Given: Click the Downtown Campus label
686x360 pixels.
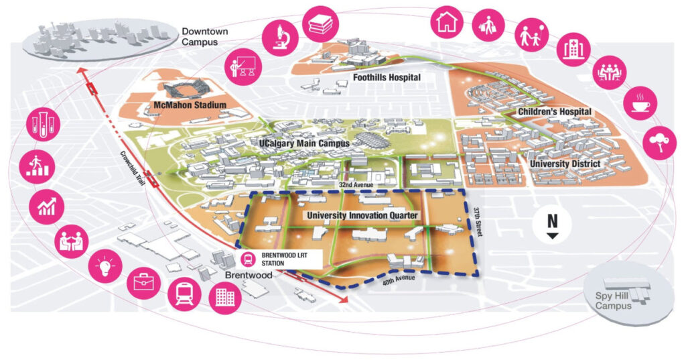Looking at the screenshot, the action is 205,37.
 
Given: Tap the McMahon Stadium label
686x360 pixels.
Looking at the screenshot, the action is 190,105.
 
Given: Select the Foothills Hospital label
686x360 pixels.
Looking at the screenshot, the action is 387,78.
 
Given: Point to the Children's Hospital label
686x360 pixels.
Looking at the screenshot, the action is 554,112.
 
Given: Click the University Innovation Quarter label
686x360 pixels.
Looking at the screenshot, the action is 362,215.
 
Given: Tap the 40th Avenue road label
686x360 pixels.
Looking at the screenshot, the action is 399,280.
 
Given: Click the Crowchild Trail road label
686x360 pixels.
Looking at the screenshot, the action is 133,169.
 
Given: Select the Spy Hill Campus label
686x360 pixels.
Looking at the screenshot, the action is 613,301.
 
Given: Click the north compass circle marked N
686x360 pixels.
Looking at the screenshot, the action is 552,224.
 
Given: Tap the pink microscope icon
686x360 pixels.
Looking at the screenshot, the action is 280,38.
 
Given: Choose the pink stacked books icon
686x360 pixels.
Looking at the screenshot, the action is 321,23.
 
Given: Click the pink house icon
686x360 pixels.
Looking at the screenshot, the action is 447,22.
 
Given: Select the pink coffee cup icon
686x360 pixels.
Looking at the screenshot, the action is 640,103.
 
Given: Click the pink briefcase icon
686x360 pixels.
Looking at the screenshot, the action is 144,282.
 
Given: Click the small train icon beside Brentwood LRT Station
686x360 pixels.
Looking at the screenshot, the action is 249,259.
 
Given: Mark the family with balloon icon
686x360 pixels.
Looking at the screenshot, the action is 531,35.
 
